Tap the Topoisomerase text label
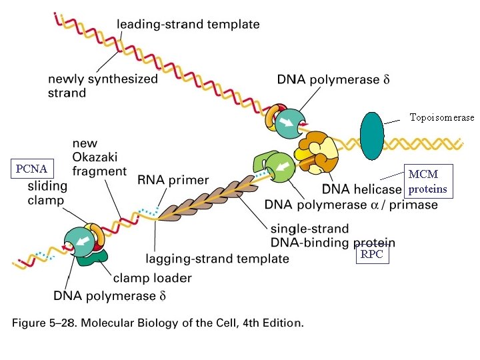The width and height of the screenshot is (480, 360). (x=442, y=117)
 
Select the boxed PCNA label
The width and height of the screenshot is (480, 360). (x=32, y=169)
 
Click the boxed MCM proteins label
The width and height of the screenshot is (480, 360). (x=429, y=181)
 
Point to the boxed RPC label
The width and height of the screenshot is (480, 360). (x=373, y=254)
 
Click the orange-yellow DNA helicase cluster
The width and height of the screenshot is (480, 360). (x=317, y=153)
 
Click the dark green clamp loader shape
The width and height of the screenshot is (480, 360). (x=93, y=258)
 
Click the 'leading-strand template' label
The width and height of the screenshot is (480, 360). (x=188, y=24)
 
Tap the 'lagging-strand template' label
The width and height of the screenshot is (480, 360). (x=217, y=259)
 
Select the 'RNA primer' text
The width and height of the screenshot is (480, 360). (x=173, y=180)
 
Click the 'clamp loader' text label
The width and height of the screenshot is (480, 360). (x=153, y=278)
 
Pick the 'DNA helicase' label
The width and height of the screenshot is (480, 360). (x=362, y=189)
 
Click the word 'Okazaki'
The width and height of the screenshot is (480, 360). (x=95, y=157)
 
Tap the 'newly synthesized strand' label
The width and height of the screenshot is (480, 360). (x=103, y=86)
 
